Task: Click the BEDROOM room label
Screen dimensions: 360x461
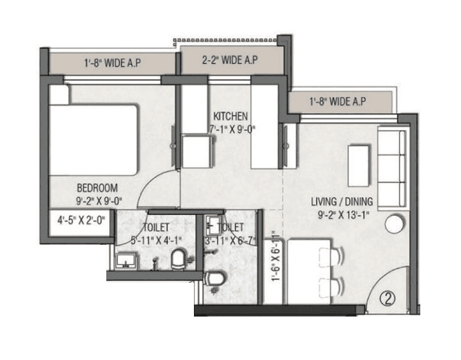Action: coord(97,187)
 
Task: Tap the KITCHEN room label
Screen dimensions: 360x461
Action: coord(230,115)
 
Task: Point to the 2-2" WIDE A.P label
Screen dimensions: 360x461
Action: coord(230,61)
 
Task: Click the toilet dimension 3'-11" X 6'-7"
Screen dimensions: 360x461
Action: coord(231,241)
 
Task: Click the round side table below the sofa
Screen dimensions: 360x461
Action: coord(395,224)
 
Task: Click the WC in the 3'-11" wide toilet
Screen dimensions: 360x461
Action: coord(215,279)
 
